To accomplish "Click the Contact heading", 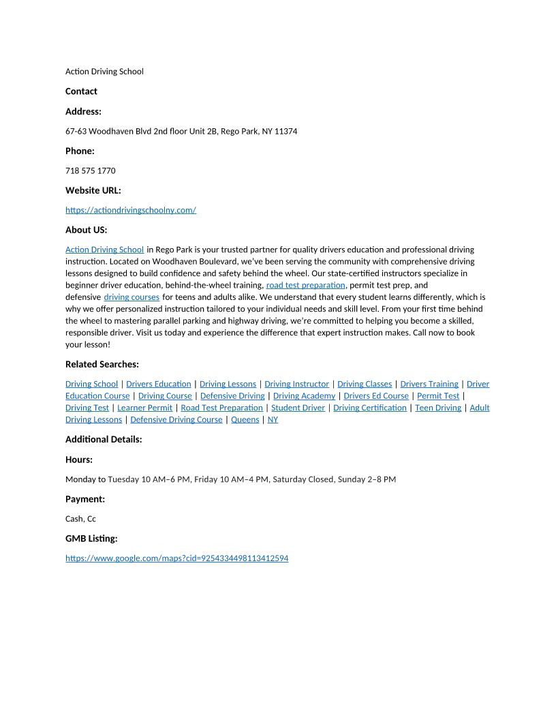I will tap(81, 91).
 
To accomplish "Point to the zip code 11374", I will tap(285, 131).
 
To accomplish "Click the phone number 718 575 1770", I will tap(90, 170).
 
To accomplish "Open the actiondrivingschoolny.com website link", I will tap(131, 210).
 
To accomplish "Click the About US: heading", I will tap(86, 230).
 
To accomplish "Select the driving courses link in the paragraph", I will tap(132, 297).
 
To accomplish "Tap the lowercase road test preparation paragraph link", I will tap(305, 285).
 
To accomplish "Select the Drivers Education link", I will tap(159, 384).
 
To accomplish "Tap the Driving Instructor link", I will tap(296, 384).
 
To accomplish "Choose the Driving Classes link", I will tap(365, 384).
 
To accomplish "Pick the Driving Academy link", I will tap(304, 395).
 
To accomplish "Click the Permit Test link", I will tap(438, 395).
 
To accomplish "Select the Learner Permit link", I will tap(144, 408).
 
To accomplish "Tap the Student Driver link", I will tap(298, 408).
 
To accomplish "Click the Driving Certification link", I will tap(369, 408).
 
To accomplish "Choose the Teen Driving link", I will tap(438, 408).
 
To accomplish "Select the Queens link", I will tap(245, 419).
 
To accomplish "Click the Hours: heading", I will tap(79, 460).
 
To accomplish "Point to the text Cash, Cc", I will tap(80, 519).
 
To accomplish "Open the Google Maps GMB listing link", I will tap(176, 558).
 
